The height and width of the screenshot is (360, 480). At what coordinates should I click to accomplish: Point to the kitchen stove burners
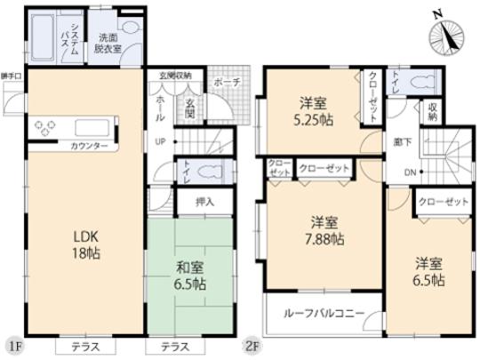pos(44,128)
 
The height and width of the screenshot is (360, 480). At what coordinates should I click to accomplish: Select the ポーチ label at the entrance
pos(222,84)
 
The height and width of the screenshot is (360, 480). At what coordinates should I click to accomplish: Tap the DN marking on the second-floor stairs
pos(410,172)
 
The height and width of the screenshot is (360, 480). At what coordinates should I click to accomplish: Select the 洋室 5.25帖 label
pos(316,109)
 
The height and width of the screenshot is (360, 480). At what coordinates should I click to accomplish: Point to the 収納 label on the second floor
pos(433,109)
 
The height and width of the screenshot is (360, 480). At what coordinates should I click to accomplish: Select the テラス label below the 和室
pos(181,345)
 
